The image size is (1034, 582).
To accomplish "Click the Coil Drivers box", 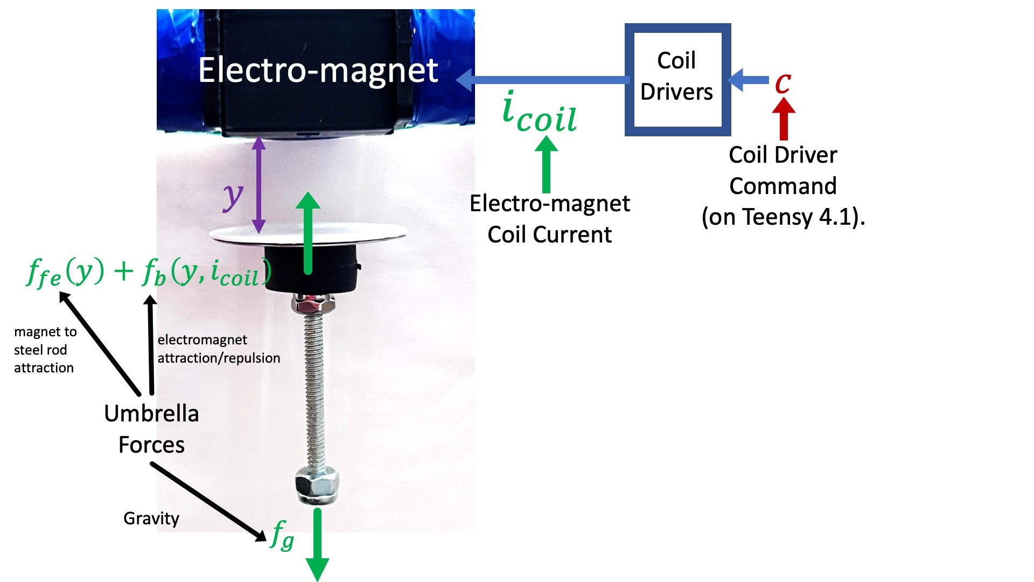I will point(677,79).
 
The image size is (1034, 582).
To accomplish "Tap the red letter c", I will point(783,83).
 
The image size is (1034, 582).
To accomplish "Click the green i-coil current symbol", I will point(539,113).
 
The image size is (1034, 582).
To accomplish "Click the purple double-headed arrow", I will point(259,184).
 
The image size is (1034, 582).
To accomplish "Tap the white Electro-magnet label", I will point(318,71).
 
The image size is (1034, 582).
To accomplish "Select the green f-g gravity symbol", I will point(282,535).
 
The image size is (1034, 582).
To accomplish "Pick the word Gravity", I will point(151,518).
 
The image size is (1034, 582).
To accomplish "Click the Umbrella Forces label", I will point(151,429).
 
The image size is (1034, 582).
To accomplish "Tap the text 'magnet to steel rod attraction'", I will point(45,350).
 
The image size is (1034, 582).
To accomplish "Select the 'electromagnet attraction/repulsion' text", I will point(219,349).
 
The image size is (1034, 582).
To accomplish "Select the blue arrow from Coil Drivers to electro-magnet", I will point(544,80).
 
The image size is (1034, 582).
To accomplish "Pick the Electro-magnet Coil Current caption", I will point(549,219).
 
